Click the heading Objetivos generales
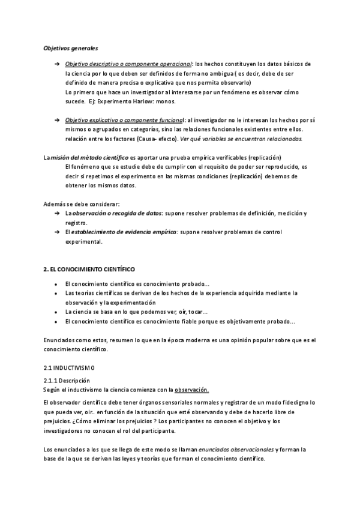(x=71, y=47)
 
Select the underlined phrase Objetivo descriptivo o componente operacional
(x=128, y=64)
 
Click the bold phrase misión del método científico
(x=89, y=157)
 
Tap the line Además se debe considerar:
(x=81, y=204)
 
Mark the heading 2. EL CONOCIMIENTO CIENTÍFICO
(x=89, y=270)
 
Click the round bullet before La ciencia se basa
(x=56, y=313)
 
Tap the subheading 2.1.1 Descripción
(x=67, y=381)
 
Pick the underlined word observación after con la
(x=191, y=390)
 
